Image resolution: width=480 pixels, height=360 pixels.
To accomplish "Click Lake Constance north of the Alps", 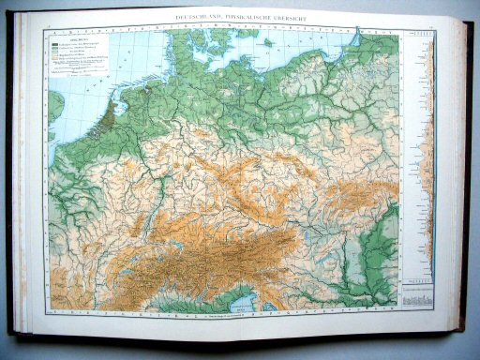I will (x=166, y=246).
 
